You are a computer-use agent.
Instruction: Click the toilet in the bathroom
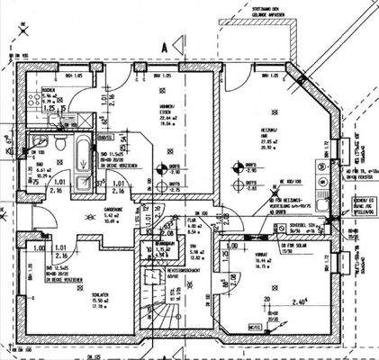coord(58,145)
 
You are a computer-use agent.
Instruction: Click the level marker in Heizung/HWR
coord(239,166)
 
